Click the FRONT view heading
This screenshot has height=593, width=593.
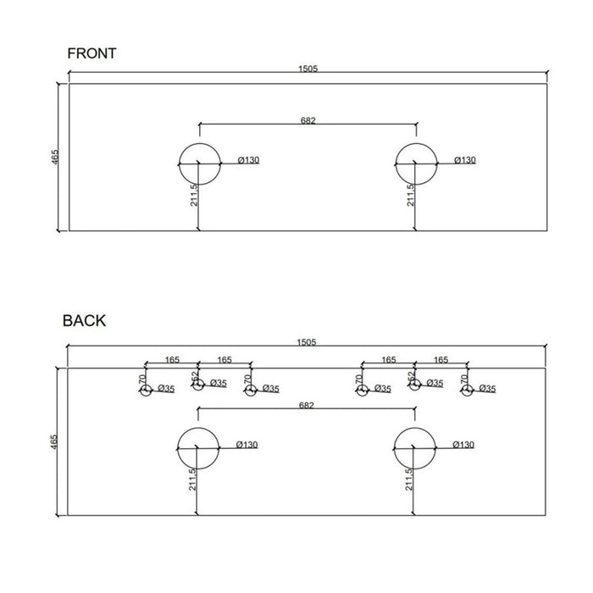coord(91,53)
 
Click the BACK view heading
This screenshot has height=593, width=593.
coord(84,321)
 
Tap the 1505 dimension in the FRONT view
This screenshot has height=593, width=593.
coord(308,69)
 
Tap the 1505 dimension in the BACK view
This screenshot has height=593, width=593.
coord(307,342)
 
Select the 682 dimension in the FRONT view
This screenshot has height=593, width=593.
coord(308,120)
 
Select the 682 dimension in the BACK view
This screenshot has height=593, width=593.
coord(307,406)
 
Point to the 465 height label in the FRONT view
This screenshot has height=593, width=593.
coord(55,157)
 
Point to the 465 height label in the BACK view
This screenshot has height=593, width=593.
coord(53,441)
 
